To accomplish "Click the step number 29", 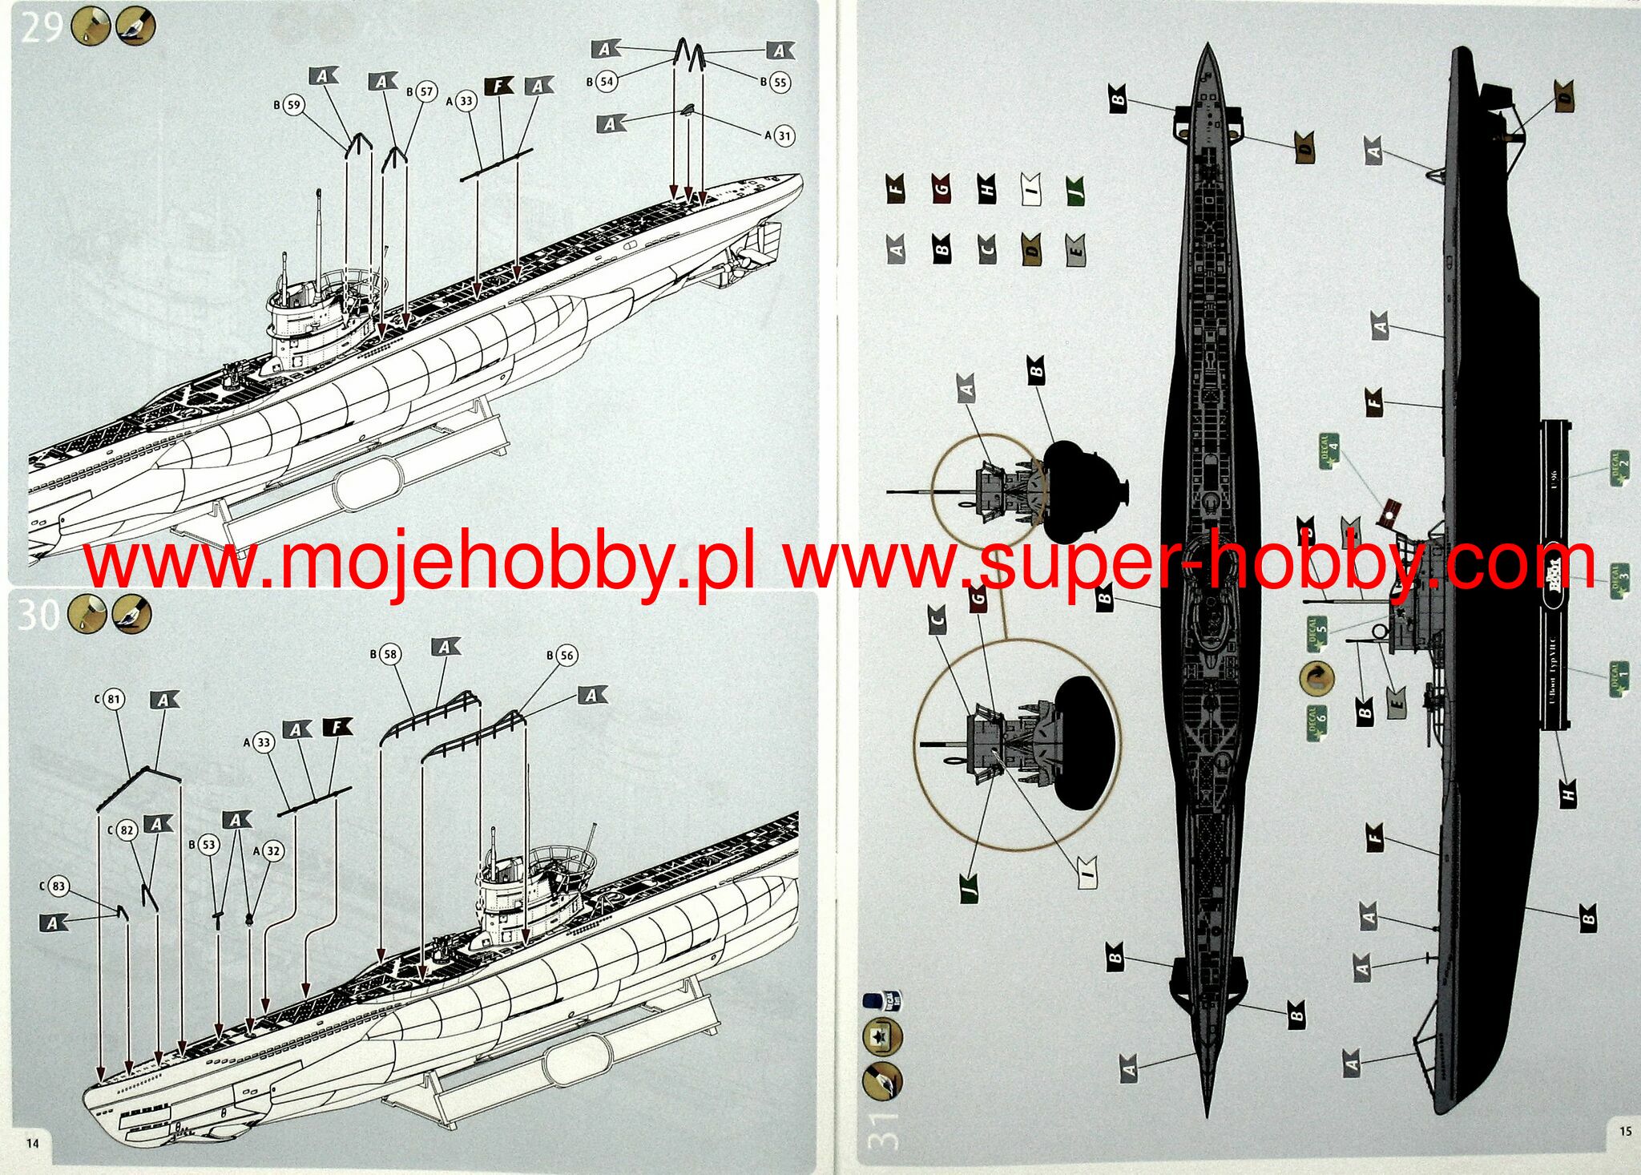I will [x=42, y=27].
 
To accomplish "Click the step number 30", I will [x=38, y=615].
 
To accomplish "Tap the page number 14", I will [x=32, y=1143].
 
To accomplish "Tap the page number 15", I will [x=1624, y=1131].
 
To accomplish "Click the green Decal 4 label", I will [x=1329, y=450].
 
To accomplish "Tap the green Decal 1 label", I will [x=1619, y=680].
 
